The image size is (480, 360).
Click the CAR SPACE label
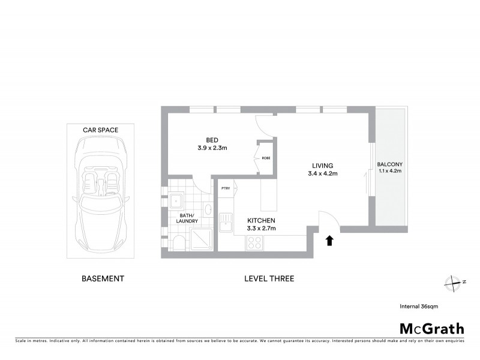100,130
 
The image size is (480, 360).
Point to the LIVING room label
322,166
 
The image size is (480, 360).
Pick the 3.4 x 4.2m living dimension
322,175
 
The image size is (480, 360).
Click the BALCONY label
389,164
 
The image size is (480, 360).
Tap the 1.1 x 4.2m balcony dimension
389,172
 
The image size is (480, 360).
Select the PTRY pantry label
226,188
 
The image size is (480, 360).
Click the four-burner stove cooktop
253,242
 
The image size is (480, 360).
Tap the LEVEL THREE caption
269,278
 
